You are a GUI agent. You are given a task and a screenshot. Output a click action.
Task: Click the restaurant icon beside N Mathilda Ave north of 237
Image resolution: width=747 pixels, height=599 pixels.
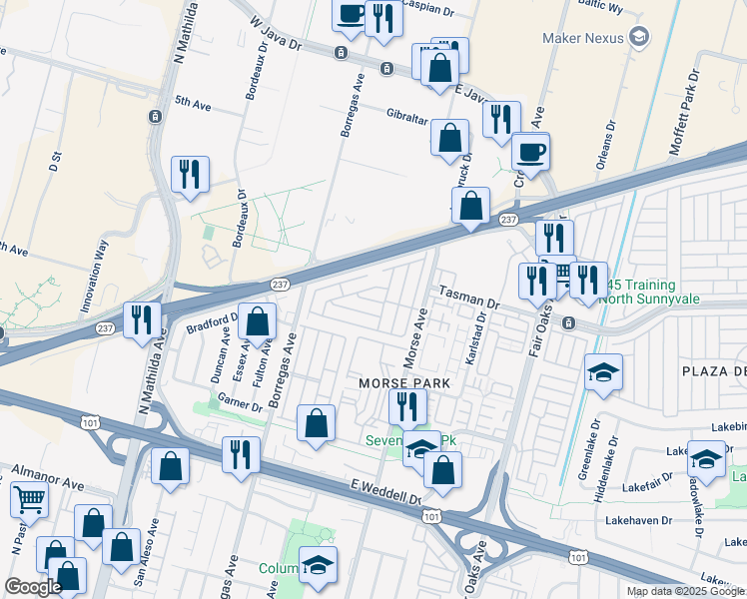coord(189,175)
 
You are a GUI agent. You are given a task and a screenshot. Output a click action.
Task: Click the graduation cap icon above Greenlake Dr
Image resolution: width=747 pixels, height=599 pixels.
coord(603,372)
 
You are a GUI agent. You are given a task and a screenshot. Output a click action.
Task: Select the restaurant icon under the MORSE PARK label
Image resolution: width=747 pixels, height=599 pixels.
coord(407,406)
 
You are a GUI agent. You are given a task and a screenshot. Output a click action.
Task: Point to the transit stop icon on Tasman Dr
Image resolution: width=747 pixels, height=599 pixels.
coord(567,323)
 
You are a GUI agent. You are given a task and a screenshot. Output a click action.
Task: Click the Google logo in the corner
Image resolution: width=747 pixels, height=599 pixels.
coord(33,587)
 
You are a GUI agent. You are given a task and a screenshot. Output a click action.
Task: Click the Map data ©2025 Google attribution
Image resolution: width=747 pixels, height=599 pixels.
coord(685,591)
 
